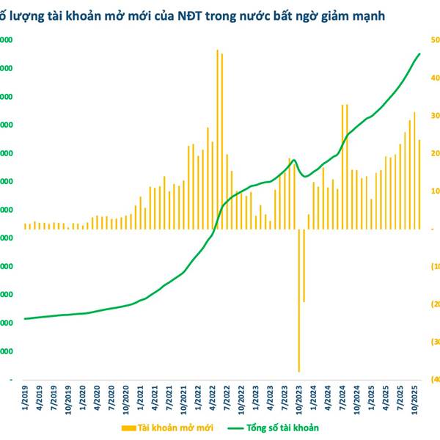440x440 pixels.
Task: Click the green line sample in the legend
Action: click(235, 427)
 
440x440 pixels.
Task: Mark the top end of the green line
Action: click(419, 54)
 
